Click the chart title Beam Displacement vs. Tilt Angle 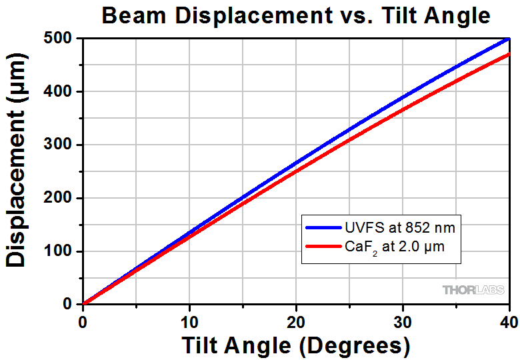click(x=295, y=15)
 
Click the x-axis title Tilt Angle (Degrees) click(x=295, y=345)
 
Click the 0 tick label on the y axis click(x=69, y=304)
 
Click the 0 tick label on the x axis click(x=83, y=321)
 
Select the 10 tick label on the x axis click(x=189, y=321)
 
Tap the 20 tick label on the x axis click(x=296, y=321)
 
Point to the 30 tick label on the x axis click(x=403, y=321)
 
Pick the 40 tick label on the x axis click(x=509, y=321)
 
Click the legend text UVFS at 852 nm click(x=400, y=228)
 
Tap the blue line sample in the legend click(x=323, y=228)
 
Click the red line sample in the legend click(x=323, y=247)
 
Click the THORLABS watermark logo click(x=471, y=289)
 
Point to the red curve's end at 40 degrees click(x=509, y=55)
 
